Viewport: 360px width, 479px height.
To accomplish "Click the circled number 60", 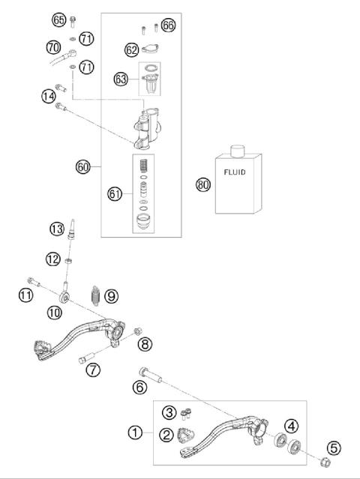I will pos(84,166).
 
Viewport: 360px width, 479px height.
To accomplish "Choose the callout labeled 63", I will pos(120,77).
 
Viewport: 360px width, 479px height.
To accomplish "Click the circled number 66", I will pos(168,25).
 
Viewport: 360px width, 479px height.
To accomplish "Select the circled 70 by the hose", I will pos(53,47).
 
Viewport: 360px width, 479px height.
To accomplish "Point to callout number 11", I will pos(26,295).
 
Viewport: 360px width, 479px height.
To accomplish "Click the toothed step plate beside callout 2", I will pos(185,436).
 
